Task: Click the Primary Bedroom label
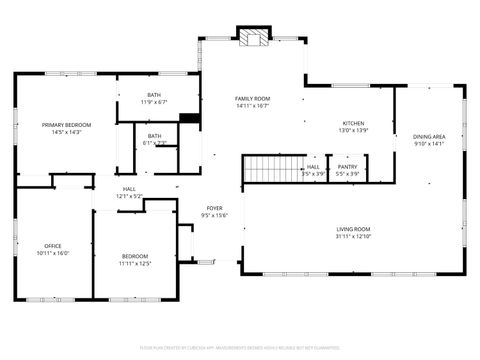(x=60, y=125)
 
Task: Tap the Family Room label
(x=253, y=98)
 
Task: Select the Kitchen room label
(x=354, y=123)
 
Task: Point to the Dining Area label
(x=429, y=136)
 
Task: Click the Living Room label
(x=354, y=229)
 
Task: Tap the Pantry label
(x=347, y=167)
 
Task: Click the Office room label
(x=52, y=246)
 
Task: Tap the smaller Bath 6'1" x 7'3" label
(x=154, y=136)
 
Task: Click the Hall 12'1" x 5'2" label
(x=129, y=189)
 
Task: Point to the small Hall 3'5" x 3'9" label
(x=314, y=167)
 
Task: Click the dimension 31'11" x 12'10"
(x=354, y=236)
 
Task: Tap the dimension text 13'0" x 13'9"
(x=354, y=130)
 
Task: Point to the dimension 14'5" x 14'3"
(x=60, y=132)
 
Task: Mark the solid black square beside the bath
(x=189, y=117)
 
